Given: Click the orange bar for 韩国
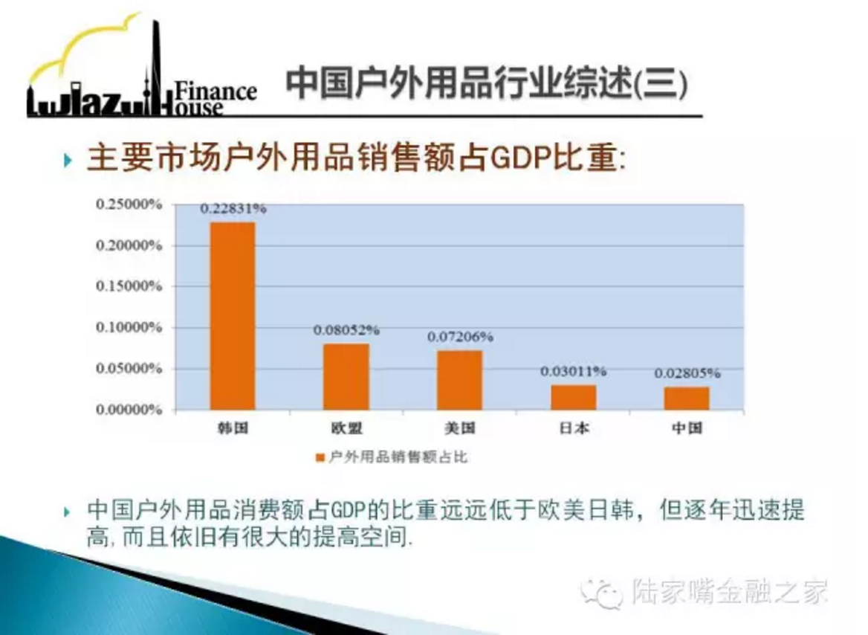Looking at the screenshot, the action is coord(233,316).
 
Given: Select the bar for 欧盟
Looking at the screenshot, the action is coord(346,377).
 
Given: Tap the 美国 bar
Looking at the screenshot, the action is coord(459,380).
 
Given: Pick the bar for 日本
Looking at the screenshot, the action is coord(574,397).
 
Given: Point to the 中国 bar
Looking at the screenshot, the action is coord(687,399).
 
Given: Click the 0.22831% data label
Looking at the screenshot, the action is coord(233,209).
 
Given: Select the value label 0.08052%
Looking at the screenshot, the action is coord(346,330).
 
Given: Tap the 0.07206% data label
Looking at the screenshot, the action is coord(460,337).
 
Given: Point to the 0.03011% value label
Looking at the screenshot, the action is coord(574,371).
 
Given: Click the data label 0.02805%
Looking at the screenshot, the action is coord(687,373).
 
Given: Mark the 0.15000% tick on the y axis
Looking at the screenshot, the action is coord(129,286).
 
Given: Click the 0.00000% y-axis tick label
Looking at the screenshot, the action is coord(129,410).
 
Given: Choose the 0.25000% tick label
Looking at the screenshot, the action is coord(129,204).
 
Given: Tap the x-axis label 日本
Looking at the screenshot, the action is coord(574,428).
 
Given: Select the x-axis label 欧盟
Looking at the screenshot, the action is coord(346,428).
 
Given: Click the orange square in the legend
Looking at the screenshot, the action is coord(320,458).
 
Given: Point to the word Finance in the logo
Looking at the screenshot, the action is coord(216,91).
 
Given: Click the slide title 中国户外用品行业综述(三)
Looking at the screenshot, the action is coord(488,84).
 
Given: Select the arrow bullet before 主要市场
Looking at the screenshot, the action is coord(68,161).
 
